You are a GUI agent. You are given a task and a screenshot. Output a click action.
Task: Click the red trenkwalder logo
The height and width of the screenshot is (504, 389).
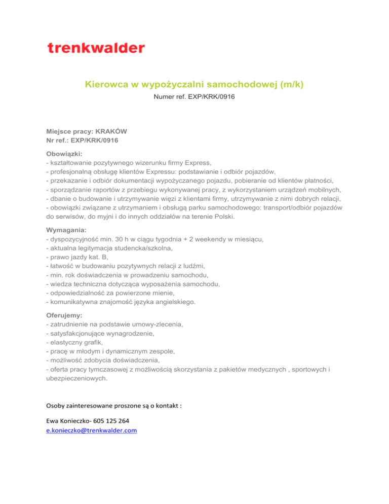[x=96, y=48]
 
